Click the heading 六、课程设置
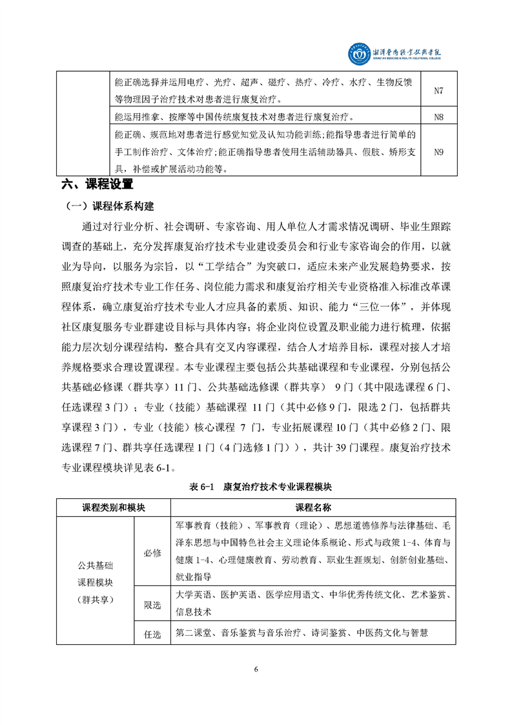[x=97, y=185]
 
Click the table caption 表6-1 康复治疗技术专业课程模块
[x=256, y=486]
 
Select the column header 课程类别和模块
[x=114, y=507]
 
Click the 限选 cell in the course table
[x=152, y=605]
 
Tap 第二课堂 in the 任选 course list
[x=193, y=633]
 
